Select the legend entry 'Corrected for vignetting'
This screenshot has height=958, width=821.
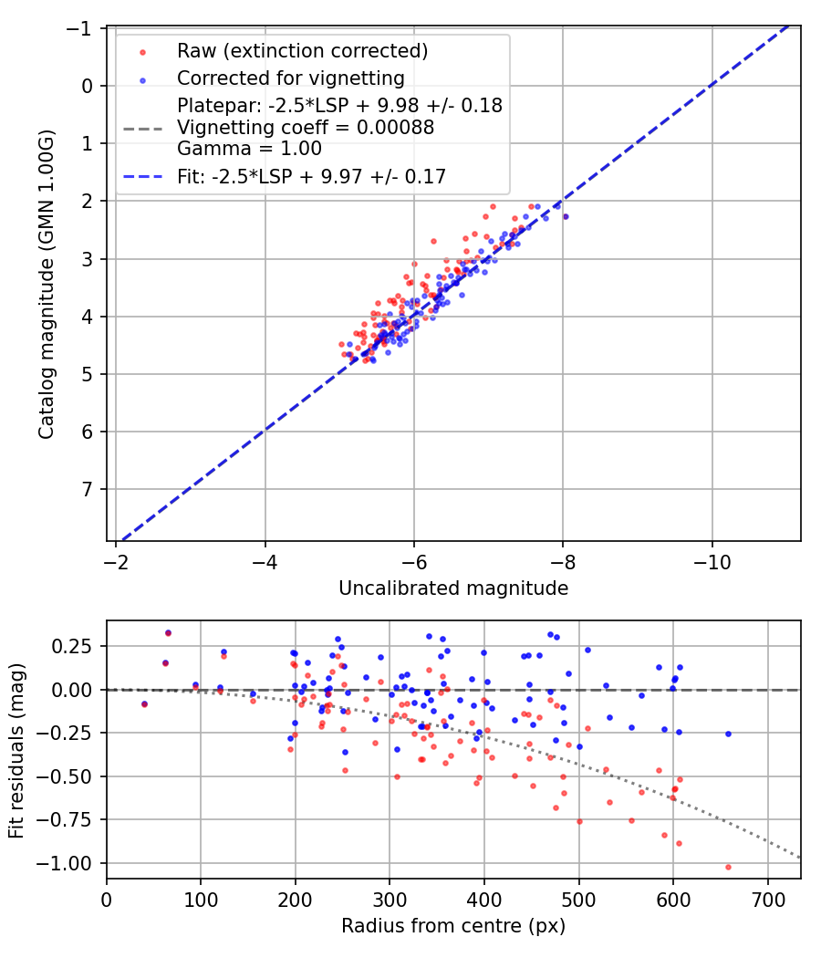point(290,78)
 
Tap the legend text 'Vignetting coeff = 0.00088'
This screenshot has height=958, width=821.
point(306,127)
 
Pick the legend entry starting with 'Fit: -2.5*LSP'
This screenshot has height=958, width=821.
point(311,177)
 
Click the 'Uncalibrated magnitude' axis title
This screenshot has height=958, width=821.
point(453,588)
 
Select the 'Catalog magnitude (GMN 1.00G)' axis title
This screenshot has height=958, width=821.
point(46,285)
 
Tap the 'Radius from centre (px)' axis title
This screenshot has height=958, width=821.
point(453,926)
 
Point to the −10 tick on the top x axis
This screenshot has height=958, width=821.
point(712,562)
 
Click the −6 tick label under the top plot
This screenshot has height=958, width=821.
point(414,562)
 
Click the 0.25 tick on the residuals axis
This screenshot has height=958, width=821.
point(77,646)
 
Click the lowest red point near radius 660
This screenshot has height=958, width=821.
point(728,867)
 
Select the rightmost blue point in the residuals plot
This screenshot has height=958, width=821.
point(728,734)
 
